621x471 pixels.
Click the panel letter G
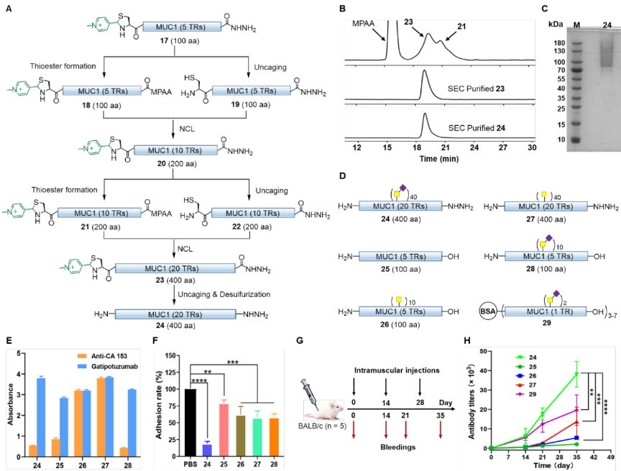(x=300, y=341)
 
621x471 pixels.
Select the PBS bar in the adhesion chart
(x=190, y=422)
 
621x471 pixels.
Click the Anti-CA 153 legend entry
(x=103, y=356)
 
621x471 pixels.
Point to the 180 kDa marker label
(x=559, y=42)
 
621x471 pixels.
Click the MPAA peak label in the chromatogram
(x=363, y=24)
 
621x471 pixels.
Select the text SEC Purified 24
(x=477, y=128)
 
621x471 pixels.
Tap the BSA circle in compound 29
(x=488, y=311)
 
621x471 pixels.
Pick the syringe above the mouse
(x=309, y=393)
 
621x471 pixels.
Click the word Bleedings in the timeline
(x=398, y=447)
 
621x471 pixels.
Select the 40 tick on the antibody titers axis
(x=483, y=371)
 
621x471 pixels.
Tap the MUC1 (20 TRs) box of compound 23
(x=175, y=268)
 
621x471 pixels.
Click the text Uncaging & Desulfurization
(x=224, y=294)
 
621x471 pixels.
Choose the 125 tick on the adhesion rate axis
(x=170, y=372)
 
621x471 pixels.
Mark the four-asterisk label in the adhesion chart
(x=199, y=381)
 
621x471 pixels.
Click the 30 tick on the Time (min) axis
(x=532, y=147)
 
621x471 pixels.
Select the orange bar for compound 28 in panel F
(x=274, y=437)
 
